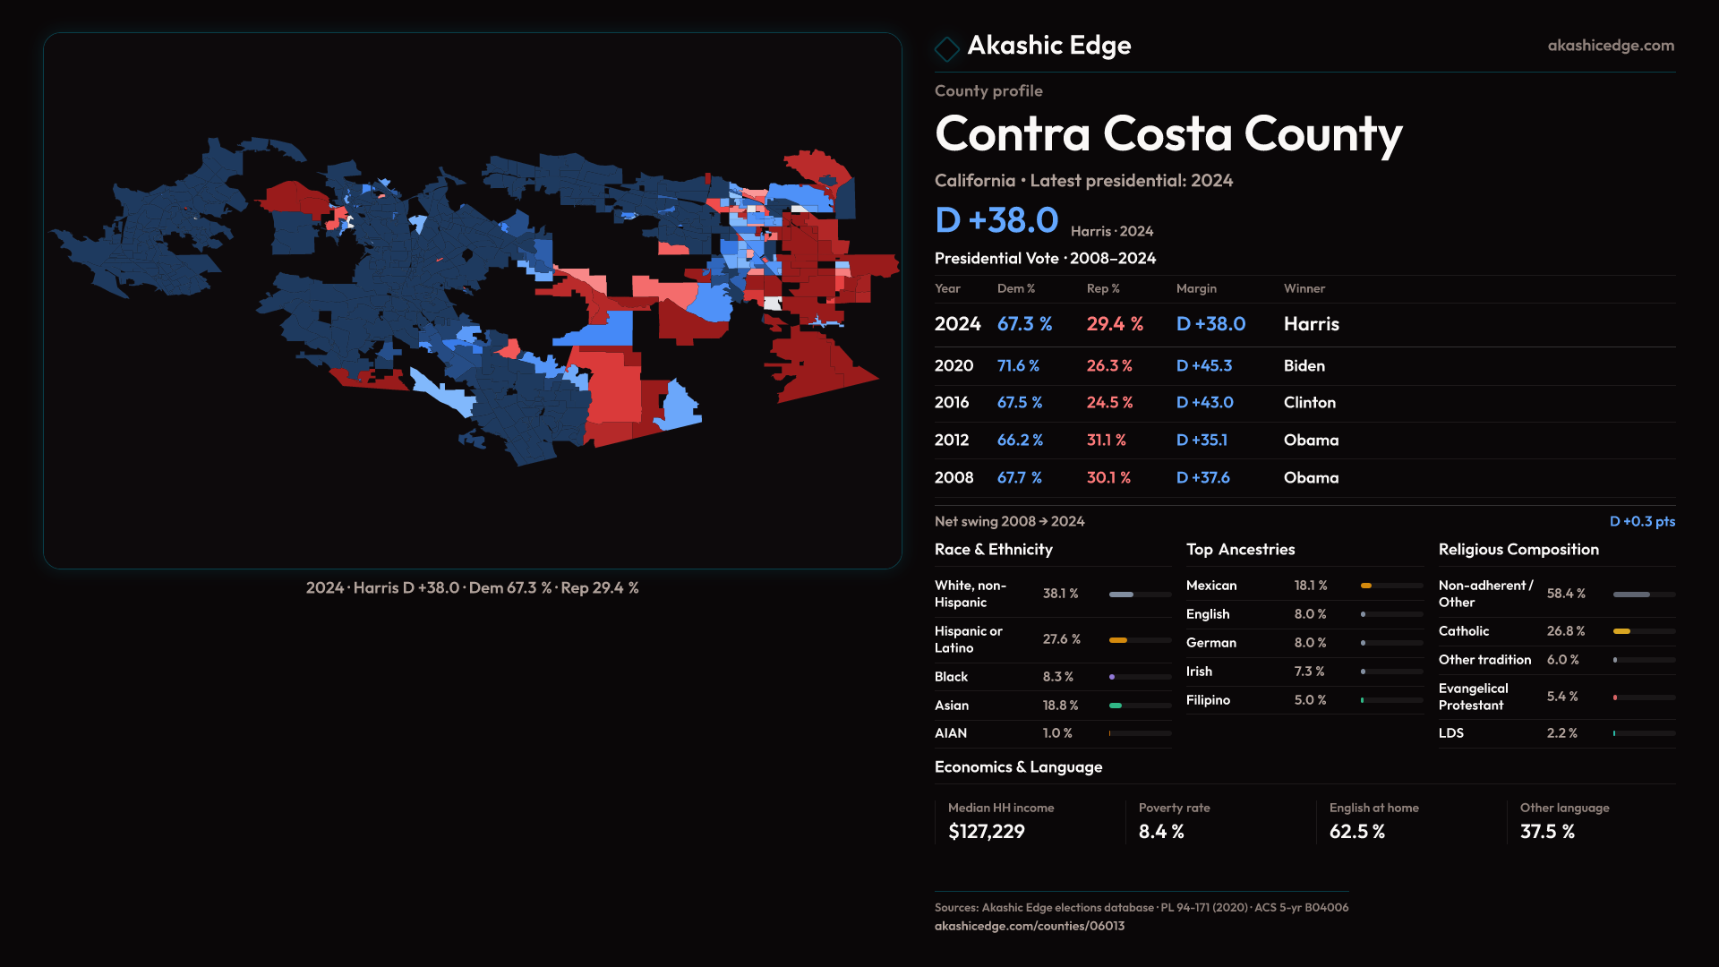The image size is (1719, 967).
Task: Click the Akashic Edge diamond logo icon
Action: click(946, 47)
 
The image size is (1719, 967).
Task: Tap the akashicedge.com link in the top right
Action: click(1610, 46)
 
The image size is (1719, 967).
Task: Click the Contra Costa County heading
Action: click(1167, 134)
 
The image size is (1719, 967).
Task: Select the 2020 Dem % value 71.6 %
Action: click(1018, 365)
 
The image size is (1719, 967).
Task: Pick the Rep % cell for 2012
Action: click(1106, 440)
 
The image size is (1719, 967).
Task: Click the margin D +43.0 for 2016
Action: click(1204, 403)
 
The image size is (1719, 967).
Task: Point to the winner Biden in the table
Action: click(1304, 365)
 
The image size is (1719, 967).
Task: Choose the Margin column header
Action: click(1196, 288)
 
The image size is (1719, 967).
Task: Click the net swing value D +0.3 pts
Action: click(1641, 521)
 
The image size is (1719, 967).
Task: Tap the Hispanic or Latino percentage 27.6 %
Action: click(1061, 639)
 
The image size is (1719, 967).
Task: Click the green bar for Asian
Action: click(1116, 706)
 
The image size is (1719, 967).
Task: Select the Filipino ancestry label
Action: click(1208, 700)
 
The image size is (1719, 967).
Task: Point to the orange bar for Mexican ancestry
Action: click(1366, 586)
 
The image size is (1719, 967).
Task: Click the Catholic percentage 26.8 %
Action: click(1565, 631)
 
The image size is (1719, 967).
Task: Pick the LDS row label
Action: click(1450, 732)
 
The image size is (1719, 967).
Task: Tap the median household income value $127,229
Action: click(986, 832)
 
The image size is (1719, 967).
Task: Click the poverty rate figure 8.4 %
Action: click(1160, 832)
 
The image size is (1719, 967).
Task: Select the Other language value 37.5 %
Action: click(1546, 832)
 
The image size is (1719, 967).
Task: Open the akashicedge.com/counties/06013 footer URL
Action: click(1029, 926)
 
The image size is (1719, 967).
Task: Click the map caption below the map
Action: click(472, 588)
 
